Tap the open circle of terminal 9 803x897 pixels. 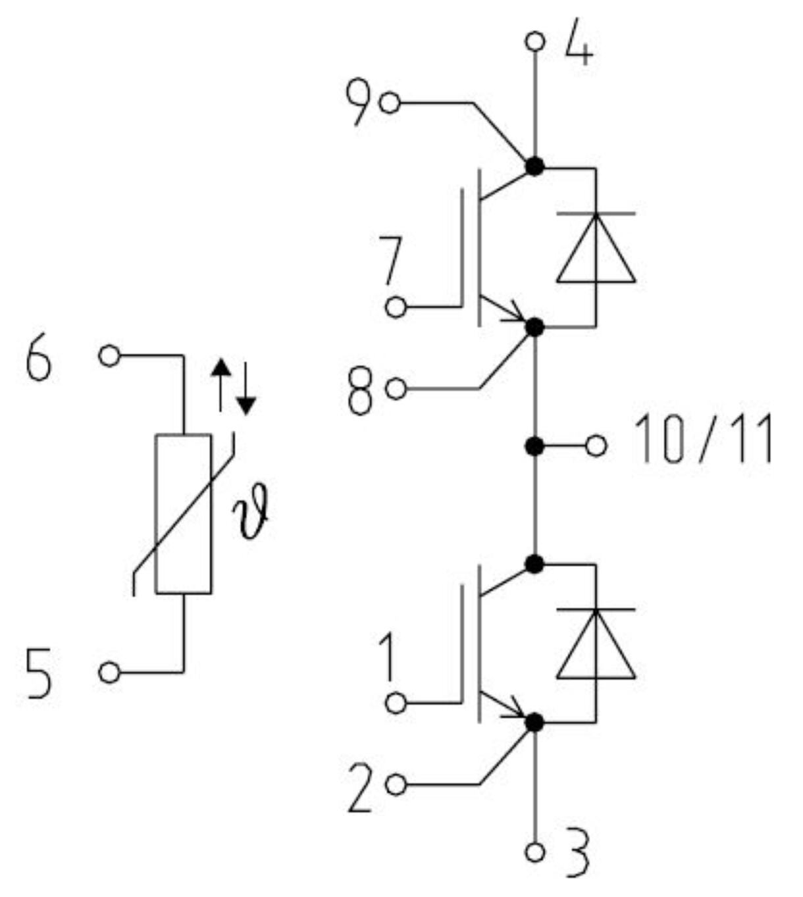390,103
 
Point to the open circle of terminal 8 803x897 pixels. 396,389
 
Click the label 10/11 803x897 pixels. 702,439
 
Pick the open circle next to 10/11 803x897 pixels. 596,446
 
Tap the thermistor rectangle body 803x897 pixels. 183,513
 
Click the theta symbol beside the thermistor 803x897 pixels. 253,518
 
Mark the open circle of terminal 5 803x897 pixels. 109,673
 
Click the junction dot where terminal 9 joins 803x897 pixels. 534,167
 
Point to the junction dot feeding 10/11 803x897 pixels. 534,446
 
